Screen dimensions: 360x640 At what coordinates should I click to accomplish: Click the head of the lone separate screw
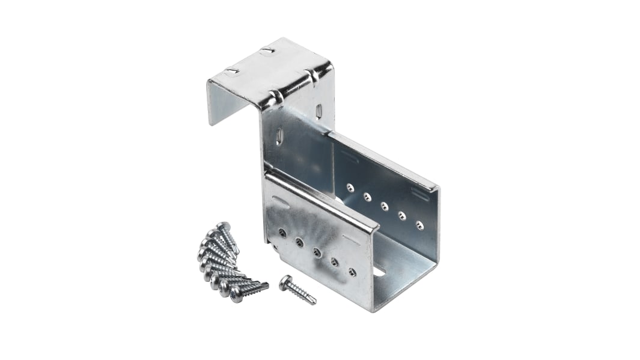coord(286,282)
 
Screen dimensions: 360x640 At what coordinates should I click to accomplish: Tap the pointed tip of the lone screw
coord(314,302)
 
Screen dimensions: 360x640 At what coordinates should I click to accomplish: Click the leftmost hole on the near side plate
coord(282,233)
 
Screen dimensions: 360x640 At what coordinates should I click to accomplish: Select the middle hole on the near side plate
coord(317,252)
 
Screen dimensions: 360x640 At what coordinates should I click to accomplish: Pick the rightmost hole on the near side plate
coord(352,272)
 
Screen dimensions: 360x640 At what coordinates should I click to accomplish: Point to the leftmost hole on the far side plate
coord(350,188)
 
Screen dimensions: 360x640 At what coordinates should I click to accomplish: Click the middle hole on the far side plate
coord(385,206)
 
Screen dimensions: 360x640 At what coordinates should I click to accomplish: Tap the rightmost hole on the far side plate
coord(419,225)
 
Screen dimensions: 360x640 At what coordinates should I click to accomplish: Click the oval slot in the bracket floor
coord(378,272)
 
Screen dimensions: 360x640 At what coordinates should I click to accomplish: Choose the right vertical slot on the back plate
coord(318,111)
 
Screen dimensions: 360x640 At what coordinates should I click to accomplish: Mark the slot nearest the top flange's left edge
coord(231,72)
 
